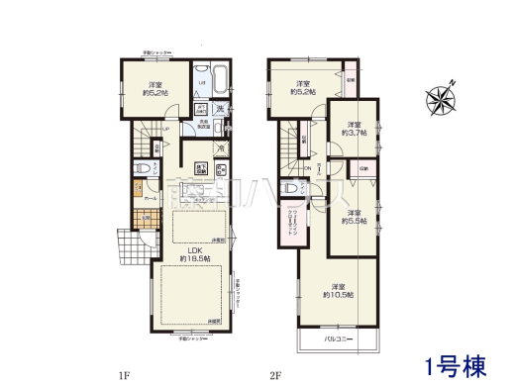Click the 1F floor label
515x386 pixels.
[x=125, y=374]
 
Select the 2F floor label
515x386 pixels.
[x=274, y=374]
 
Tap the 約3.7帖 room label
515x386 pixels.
[x=355, y=130]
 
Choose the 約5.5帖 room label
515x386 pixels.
[x=356, y=218]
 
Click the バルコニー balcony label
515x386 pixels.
[x=340, y=340]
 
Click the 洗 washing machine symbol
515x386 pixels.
[x=223, y=108]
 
